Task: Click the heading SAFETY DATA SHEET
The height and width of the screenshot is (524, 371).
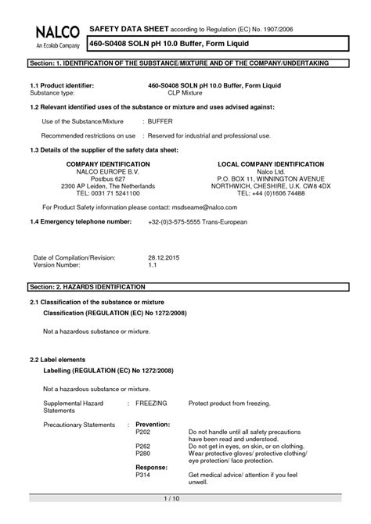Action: tap(129, 27)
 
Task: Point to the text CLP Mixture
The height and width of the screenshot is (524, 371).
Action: tap(185, 91)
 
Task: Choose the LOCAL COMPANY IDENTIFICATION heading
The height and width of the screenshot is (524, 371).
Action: tap(270, 165)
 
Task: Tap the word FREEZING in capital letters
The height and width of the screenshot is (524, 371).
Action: tap(151, 402)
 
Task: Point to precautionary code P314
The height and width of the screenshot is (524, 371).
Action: tap(142, 476)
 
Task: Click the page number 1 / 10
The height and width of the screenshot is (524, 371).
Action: tap(172, 498)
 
